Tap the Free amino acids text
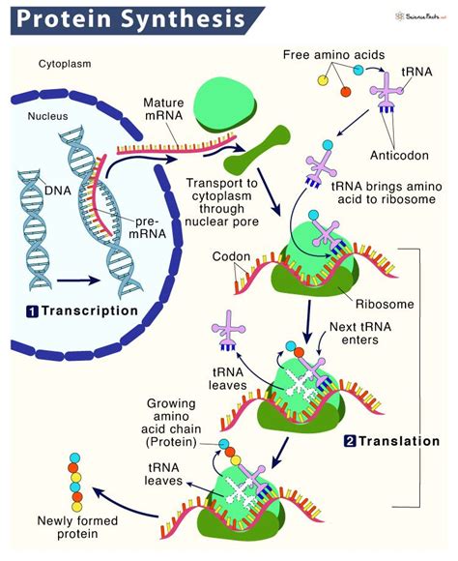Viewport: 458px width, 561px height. coord(334,56)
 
